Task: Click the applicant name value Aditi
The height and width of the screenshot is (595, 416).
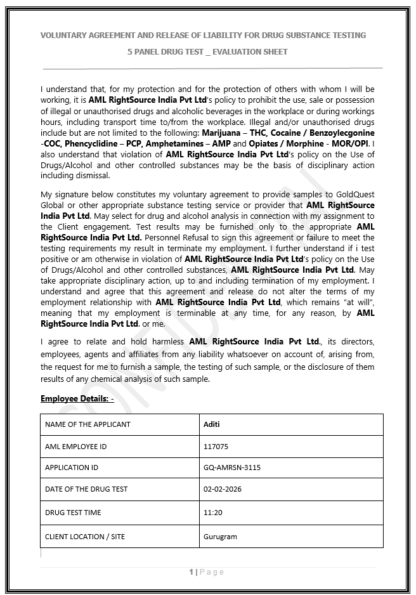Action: click(211, 424)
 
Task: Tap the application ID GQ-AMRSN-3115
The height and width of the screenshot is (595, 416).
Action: click(231, 468)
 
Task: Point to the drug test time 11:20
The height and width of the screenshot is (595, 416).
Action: click(213, 513)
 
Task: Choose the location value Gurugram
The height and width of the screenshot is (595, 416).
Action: click(220, 537)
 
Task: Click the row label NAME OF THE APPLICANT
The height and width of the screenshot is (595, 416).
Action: click(88, 424)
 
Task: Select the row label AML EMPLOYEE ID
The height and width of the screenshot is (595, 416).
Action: click(75, 447)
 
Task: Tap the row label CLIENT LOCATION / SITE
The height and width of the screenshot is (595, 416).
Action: click(85, 537)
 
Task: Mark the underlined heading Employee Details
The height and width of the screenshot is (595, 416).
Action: click(77, 398)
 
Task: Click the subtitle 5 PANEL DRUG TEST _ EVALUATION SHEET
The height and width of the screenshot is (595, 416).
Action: click(207, 52)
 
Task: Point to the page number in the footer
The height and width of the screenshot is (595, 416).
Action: click(191, 572)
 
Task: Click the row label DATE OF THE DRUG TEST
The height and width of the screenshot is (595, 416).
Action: click(86, 489)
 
